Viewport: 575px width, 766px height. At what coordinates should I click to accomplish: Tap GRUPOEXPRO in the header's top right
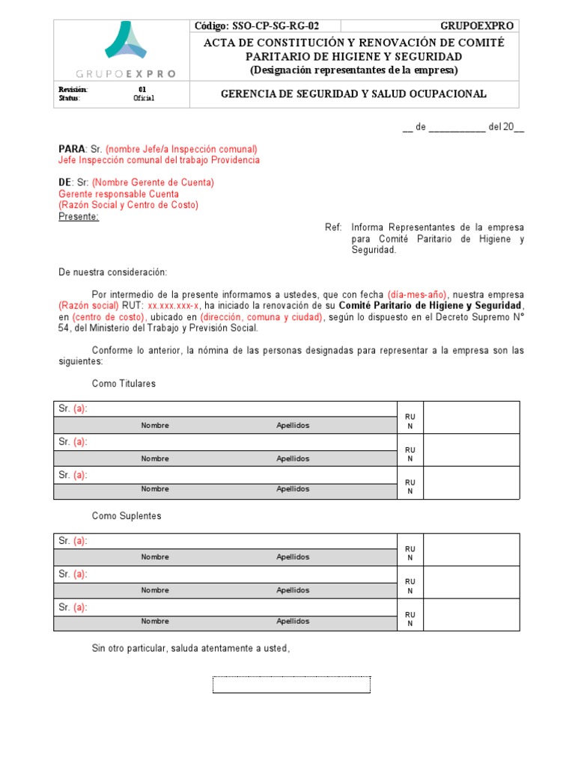(476, 26)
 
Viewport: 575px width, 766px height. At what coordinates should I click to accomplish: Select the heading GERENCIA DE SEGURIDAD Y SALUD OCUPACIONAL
(353, 94)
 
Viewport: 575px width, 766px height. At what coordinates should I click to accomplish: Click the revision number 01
(143, 89)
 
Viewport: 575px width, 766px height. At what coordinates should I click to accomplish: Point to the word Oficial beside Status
(144, 98)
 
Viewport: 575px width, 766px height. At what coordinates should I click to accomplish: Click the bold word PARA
(72, 149)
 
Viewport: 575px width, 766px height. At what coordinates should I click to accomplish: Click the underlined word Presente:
(78, 216)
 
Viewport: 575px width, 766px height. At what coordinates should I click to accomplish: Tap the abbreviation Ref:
(333, 227)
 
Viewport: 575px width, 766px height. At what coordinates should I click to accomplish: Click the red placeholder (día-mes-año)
(417, 295)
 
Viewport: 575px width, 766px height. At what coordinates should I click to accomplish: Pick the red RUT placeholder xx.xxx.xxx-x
(174, 306)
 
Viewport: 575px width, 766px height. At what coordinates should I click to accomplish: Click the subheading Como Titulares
(124, 384)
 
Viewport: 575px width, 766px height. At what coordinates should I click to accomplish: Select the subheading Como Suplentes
(127, 516)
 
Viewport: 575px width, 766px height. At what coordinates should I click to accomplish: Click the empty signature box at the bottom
(291, 684)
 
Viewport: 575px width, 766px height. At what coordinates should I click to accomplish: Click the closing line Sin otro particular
(190, 649)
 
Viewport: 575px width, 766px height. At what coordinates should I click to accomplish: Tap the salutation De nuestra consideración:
(113, 272)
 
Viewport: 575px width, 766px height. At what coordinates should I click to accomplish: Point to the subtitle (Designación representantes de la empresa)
(353, 70)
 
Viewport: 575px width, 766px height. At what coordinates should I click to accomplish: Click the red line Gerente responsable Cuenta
(115, 194)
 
